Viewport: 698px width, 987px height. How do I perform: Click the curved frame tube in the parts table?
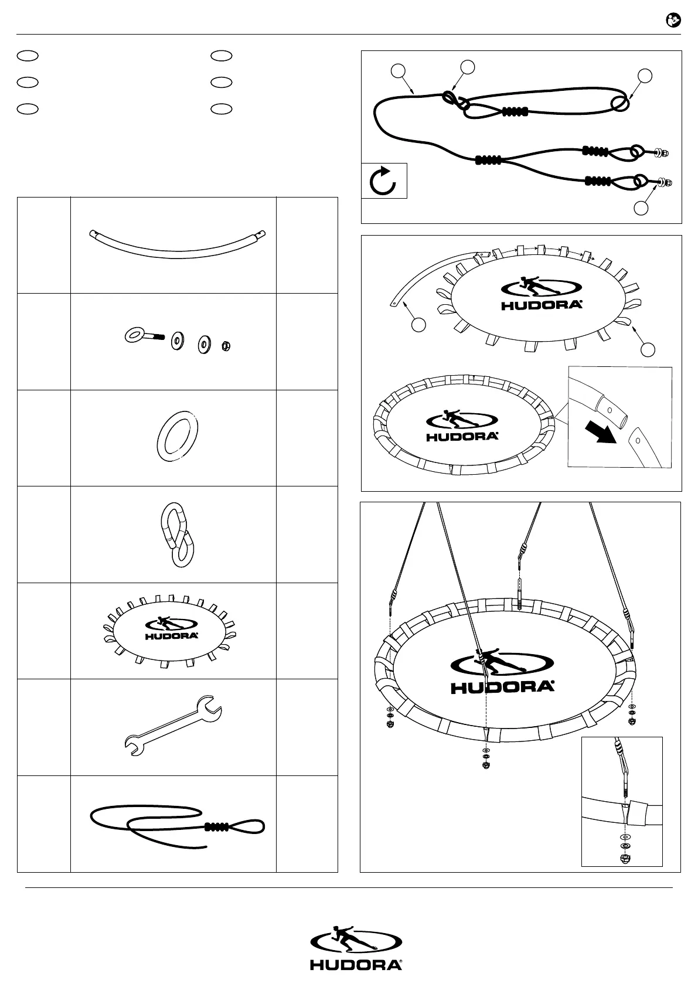pos(176,245)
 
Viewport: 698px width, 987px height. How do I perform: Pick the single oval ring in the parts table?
pos(177,438)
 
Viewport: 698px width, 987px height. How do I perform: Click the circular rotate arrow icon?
pos(384,181)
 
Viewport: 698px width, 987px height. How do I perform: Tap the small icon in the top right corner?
pos(673,21)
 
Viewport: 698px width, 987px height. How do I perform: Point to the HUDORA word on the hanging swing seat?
pos(502,687)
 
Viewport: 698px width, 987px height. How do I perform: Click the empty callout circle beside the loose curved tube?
pos(418,324)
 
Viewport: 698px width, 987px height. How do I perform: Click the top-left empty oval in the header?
pos(28,55)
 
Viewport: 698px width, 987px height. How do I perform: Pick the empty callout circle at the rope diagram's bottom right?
pos(642,207)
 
